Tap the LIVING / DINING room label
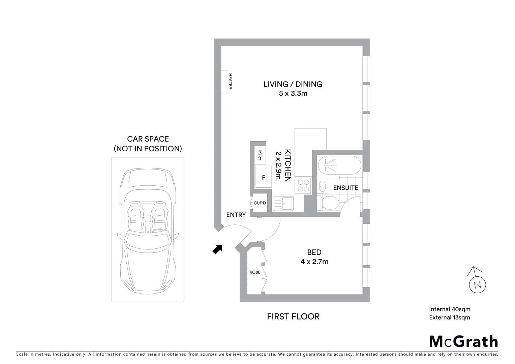coord(293,84)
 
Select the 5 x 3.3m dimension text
coord(293,93)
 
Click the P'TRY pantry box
coord(260,155)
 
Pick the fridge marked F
coord(264,177)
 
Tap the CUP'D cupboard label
coord(260,203)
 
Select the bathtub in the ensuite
coord(339,165)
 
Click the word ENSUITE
coord(345,188)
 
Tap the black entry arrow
coord(217,249)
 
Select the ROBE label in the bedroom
coord(255,272)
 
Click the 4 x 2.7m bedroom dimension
coord(314,262)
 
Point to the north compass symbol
coord(477,282)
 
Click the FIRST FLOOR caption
coord(293,316)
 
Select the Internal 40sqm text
coord(449,309)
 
